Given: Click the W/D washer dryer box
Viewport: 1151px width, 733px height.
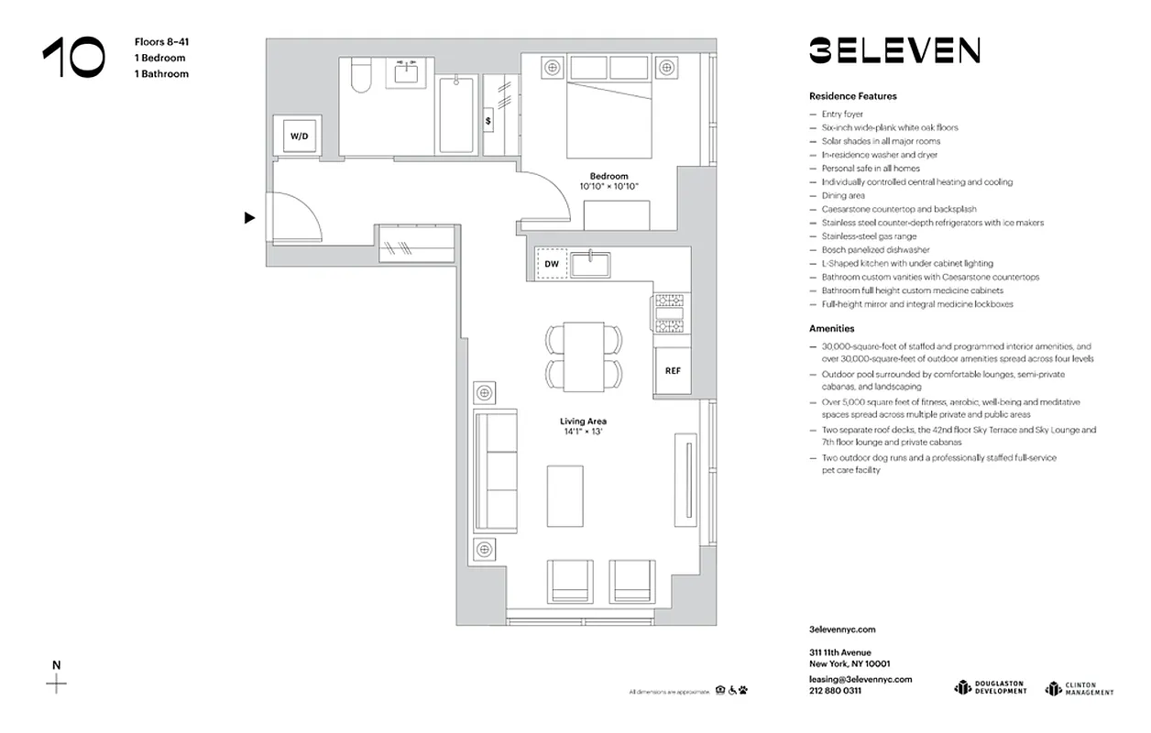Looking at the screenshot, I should [300, 136].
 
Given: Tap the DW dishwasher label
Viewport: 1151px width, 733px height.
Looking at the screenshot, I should [552, 264].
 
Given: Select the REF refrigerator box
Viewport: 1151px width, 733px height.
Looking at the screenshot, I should [673, 371].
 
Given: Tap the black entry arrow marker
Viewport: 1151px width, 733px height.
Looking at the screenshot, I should [249, 218].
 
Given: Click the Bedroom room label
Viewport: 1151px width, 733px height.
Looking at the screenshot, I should [608, 176].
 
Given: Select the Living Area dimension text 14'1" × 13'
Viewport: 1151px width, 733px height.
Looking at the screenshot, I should [584, 432].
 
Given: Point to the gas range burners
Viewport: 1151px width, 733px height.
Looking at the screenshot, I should [668, 314].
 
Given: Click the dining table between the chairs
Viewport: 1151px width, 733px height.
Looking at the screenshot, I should [584, 356].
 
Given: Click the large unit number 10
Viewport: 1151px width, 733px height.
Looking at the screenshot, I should [73, 58].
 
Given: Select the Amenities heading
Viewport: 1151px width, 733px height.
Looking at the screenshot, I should [831, 328].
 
